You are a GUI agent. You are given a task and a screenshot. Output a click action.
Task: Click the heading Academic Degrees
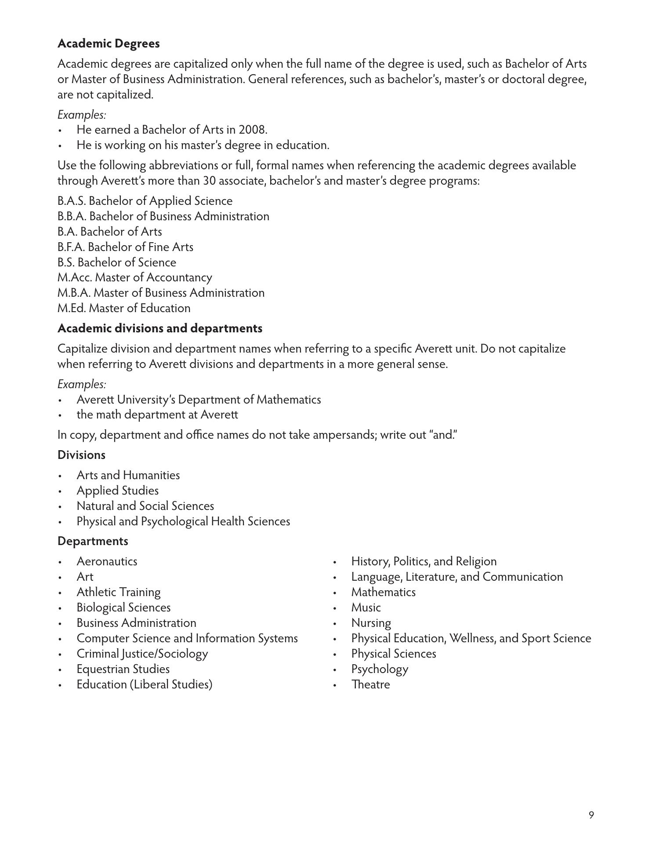point(109,44)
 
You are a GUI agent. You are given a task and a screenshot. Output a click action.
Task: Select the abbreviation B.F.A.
point(71,247)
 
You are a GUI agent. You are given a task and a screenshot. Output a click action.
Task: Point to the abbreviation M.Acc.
point(75,277)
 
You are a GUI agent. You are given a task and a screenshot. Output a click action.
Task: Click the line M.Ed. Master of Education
point(124,308)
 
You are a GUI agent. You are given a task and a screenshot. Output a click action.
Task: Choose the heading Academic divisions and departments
point(160,328)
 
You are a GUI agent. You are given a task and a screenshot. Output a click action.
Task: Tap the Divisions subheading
point(81,455)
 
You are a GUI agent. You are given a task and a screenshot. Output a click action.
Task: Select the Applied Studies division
point(117,491)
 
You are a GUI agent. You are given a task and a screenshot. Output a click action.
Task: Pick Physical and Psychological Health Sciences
point(183,521)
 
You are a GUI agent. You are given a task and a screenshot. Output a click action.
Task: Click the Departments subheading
point(93,541)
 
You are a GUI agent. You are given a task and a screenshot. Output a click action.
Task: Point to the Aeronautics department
point(107,561)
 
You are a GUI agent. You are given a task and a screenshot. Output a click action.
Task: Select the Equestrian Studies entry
point(123,669)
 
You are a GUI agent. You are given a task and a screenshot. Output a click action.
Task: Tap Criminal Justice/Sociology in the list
point(142,654)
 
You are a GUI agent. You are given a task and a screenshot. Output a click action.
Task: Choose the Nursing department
point(371,623)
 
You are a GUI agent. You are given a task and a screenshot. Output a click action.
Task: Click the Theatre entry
point(370,684)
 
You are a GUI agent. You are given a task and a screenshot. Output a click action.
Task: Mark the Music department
point(366,608)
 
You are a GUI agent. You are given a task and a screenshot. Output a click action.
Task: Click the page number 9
point(591,815)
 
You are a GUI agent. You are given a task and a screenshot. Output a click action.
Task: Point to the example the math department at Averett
point(157,415)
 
